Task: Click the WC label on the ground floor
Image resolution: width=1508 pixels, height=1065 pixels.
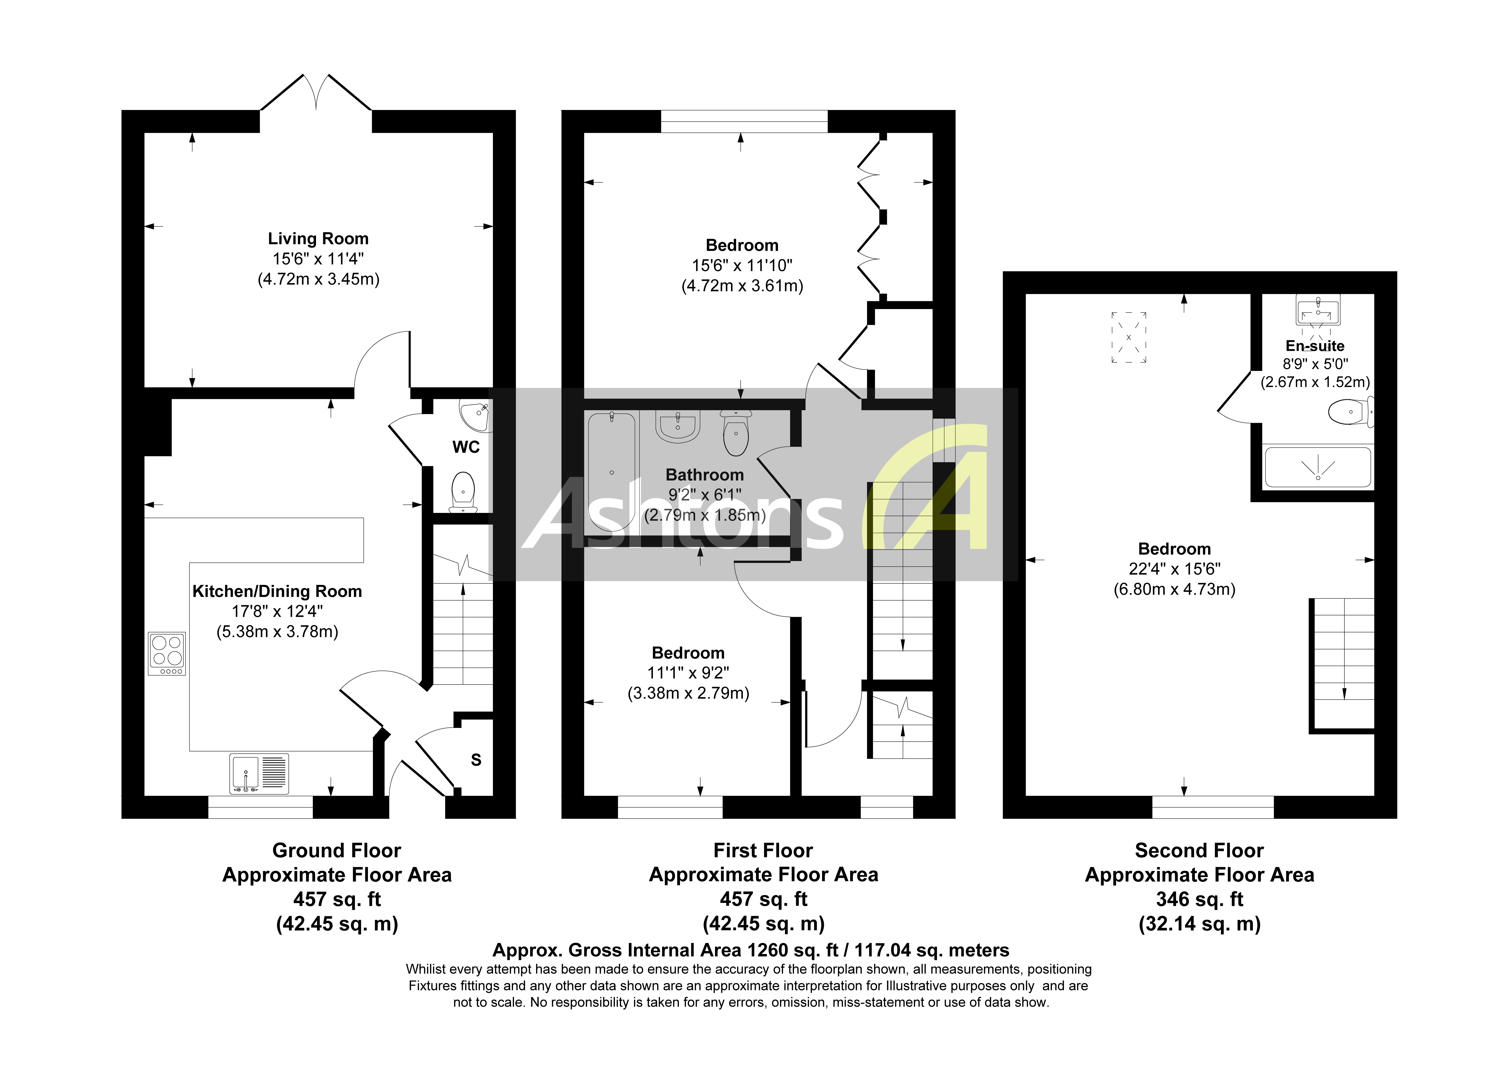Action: click(x=466, y=447)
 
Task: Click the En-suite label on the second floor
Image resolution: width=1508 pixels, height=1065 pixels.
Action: click(x=1315, y=346)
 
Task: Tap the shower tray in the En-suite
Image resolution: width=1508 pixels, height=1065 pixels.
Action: click(x=1318, y=468)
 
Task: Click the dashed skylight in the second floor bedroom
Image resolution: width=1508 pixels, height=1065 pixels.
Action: click(x=1128, y=337)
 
